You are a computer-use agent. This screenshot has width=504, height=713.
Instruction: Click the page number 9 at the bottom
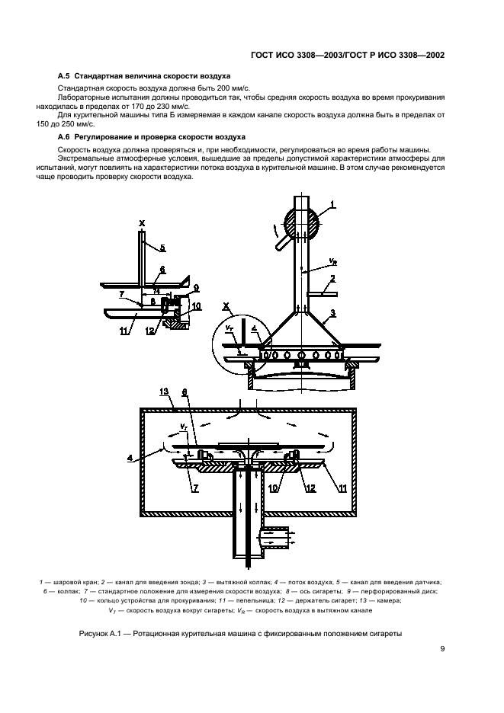click(442, 648)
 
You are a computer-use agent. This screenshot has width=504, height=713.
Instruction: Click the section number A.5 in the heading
click(65, 77)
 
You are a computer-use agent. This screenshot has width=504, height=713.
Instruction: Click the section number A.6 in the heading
click(65, 136)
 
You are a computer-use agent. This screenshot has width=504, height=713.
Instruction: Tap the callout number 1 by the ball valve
click(332, 204)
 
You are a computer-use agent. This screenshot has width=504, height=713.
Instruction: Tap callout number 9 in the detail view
click(196, 287)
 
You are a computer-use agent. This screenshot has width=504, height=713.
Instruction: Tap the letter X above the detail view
click(142, 222)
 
